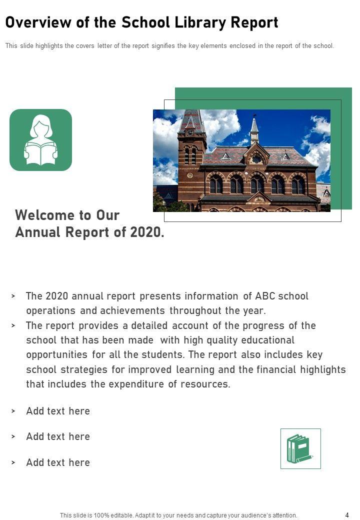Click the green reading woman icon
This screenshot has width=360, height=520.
pyautogui.click(x=40, y=140)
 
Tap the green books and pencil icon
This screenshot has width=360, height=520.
pyautogui.click(x=300, y=448)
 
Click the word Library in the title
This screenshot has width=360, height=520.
pyautogui.click(x=199, y=22)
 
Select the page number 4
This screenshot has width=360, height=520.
pyautogui.click(x=347, y=515)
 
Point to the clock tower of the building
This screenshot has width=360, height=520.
pyautogui.click(x=191, y=145)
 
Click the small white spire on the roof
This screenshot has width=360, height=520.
pyautogui.click(x=254, y=130)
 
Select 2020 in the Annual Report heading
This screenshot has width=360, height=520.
pyautogui.click(x=146, y=232)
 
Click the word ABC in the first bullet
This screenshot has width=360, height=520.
pyautogui.click(x=265, y=296)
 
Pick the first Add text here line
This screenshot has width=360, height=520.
pyautogui.click(x=58, y=411)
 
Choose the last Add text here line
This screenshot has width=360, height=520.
pyautogui.click(x=58, y=462)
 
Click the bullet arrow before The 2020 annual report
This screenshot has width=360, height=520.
pyautogui.click(x=13, y=296)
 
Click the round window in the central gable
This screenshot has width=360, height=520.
pyautogui.click(x=256, y=159)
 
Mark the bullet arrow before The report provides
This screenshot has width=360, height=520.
pyautogui.click(x=13, y=325)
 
